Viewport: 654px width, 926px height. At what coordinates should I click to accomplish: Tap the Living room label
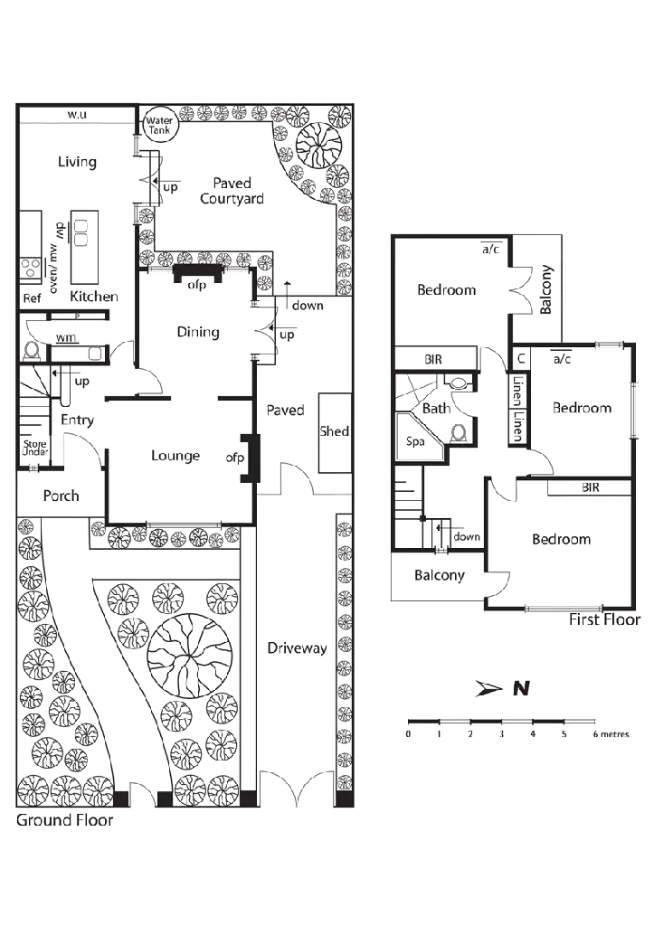(78, 163)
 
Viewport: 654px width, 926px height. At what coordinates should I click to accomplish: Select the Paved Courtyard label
(232, 191)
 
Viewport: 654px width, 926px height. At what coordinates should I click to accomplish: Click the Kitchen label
(94, 297)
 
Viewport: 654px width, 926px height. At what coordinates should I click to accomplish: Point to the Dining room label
(197, 332)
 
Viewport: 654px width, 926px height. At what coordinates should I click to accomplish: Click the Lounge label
(175, 456)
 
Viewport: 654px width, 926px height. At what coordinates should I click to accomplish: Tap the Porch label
(61, 496)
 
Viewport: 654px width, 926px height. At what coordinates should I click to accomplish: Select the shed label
(334, 431)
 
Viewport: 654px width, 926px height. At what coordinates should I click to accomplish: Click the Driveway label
(297, 647)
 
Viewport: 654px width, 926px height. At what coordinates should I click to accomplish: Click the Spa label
(415, 443)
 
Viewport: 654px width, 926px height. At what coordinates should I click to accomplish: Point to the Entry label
(78, 420)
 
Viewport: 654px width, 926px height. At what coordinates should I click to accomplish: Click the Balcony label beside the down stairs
(440, 575)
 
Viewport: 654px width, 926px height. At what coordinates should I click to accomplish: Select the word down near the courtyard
(308, 306)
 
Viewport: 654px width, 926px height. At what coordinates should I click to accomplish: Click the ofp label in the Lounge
(235, 458)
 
